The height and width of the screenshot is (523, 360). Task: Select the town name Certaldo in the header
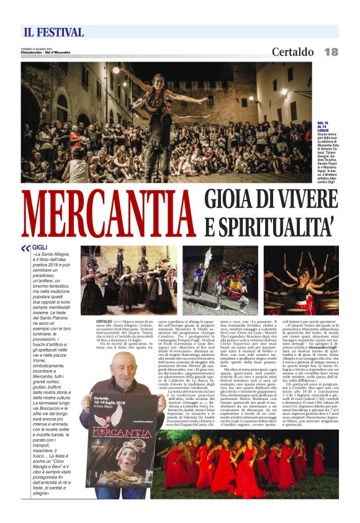[293, 52]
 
